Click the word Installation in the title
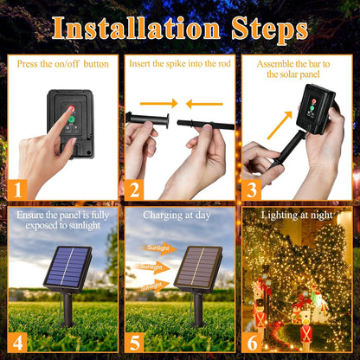coord(136,29)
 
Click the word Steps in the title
coord(270,29)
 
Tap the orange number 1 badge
coord(17,190)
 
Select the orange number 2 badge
coord(134,190)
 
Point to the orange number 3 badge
coord(252,190)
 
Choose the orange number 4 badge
coord(17,343)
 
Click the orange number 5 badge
coord(134,343)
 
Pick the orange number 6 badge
coord(252,343)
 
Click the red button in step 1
coord(71,109)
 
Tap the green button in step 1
coord(71,119)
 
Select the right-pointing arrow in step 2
coord(158,103)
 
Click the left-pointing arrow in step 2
coord(204,104)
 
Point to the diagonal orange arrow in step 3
coord(280,125)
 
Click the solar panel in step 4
coord(68,269)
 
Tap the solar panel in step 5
coord(199,269)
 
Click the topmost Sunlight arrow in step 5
coord(160,248)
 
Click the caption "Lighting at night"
coord(297,215)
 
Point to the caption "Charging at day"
coord(177,215)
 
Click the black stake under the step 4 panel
coord(68,310)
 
